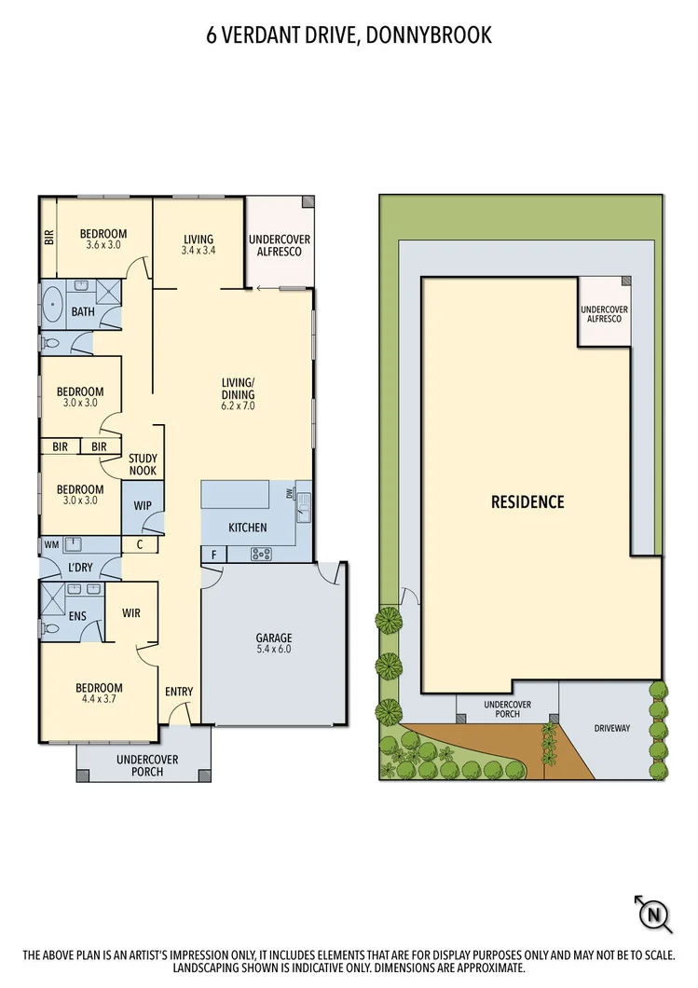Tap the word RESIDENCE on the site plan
pos(527,502)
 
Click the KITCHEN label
pos(248,528)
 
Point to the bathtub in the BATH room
pos(52,305)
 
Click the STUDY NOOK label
pos(144,464)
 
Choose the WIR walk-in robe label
pos(131,613)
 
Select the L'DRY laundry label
pos(81,568)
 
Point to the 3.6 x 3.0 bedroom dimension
pos(103,245)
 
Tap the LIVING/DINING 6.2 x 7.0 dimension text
pos(238,406)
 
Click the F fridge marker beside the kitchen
pos(213,555)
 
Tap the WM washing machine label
pos(50,543)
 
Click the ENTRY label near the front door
pos(179,692)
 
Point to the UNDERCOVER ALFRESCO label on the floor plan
pos(280,246)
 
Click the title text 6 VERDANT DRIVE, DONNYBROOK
pos(349,36)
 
